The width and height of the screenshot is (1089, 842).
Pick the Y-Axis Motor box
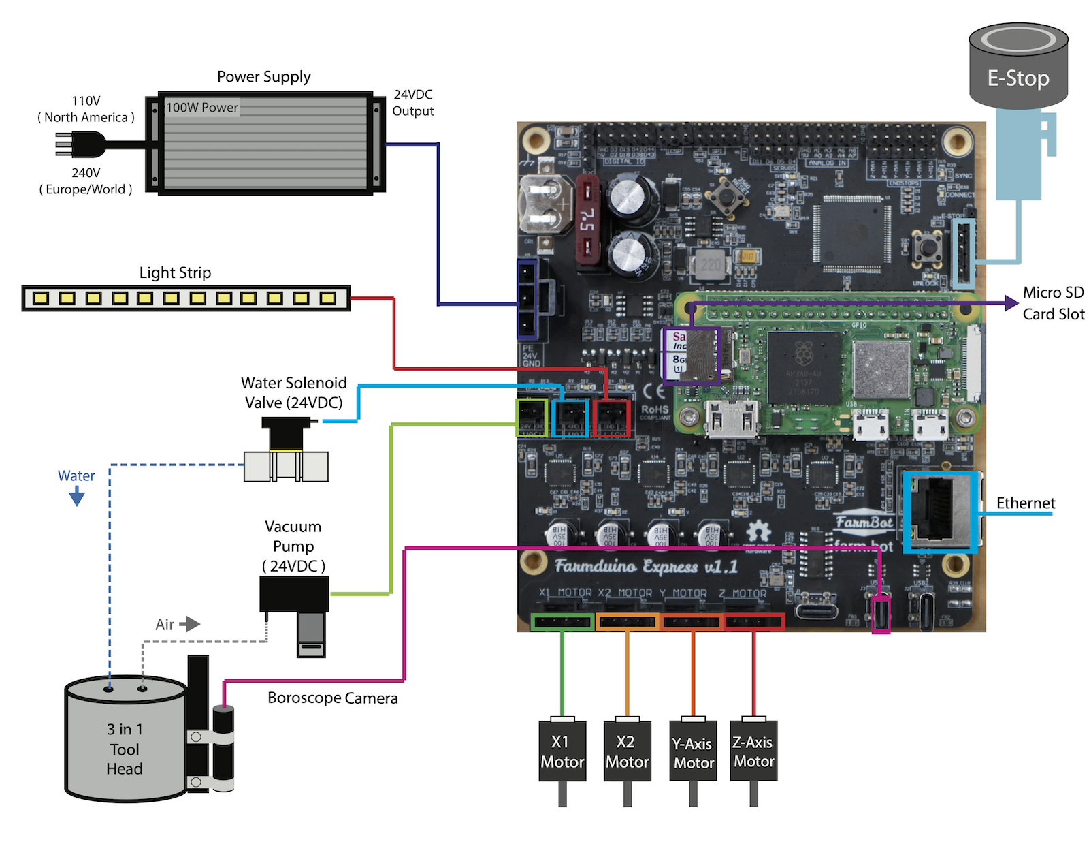tap(693, 752)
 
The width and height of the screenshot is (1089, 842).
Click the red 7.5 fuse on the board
tap(587, 220)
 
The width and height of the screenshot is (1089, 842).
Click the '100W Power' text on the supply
tap(202, 108)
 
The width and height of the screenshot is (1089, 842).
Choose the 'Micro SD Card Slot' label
tap(1053, 303)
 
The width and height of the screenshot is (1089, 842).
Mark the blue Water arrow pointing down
tap(77, 497)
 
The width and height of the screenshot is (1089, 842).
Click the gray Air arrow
tap(189, 623)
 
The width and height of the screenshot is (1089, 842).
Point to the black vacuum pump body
tap(294, 594)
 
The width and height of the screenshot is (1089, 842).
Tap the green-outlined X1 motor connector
tap(562, 621)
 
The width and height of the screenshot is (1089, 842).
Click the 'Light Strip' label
tap(175, 272)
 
